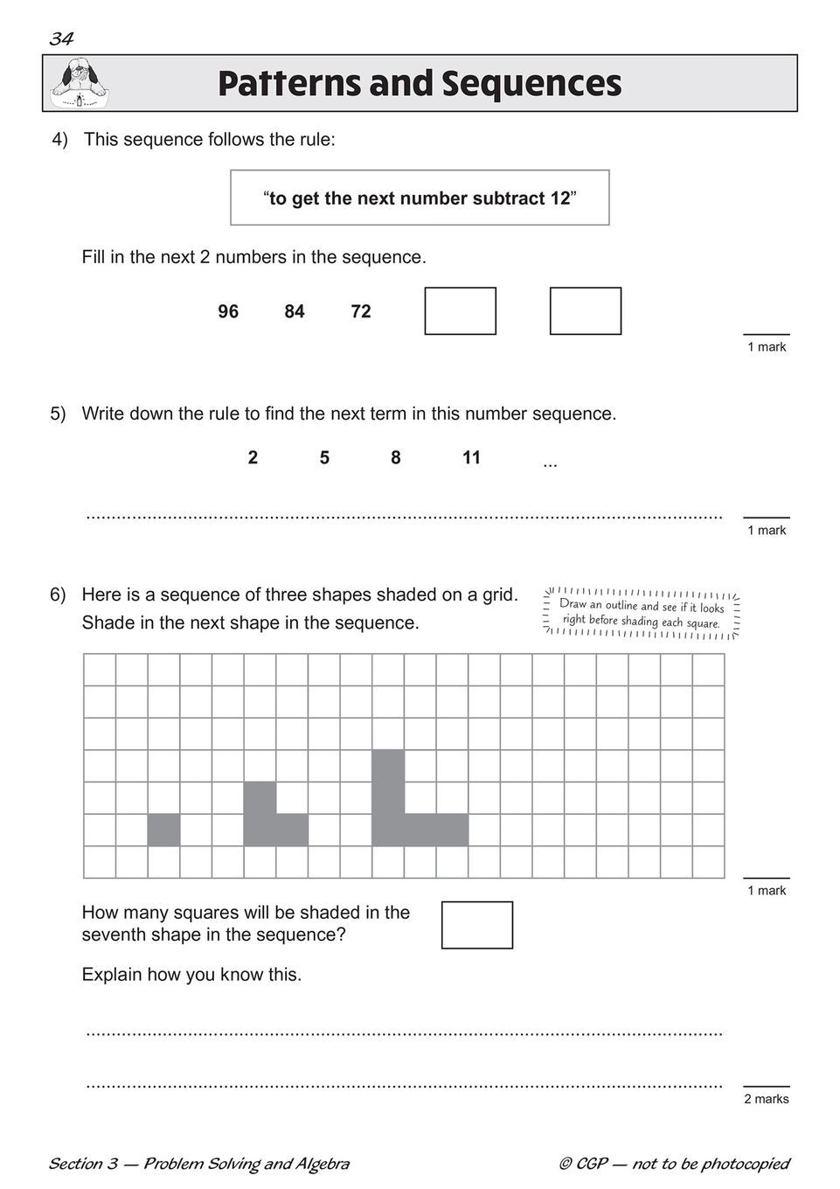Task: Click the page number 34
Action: click(x=61, y=38)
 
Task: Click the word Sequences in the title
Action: click(x=531, y=84)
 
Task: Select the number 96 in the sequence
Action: click(x=228, y=312)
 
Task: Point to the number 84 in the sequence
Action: click(x=295, y=312)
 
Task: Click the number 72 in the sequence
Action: click(x=361, y=312)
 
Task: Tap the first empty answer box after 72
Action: click(x=460, y=311)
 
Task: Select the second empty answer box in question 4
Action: click(x=585, y=311)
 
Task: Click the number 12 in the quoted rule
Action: click(x=559, y=198)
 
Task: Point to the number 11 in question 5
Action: click(x=472, y=458)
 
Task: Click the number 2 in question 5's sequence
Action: click(x=253, y=458)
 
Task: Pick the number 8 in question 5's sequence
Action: click(x=396, y=458)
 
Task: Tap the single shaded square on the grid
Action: click(x=163, y=830)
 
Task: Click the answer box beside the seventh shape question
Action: click(x=476, y=925)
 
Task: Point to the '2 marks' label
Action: click(x=766, y=1099)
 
